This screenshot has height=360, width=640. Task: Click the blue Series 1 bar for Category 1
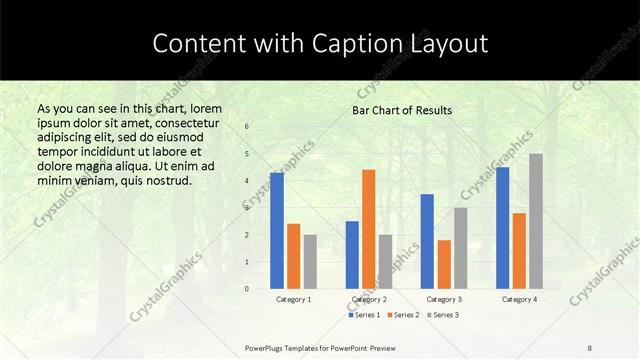tap(277, 230)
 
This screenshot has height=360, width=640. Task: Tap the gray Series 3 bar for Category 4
tap(536, 221)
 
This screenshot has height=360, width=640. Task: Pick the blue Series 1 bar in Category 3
tap(427, 241)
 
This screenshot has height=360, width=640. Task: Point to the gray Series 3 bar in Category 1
tap(310, 261)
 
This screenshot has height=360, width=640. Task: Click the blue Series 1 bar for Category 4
tap(502, 228)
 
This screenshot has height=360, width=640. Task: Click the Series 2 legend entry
tap(402, 315)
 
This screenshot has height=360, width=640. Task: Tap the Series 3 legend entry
tap(441, 315)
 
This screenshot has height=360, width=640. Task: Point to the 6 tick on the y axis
tap(247, 126)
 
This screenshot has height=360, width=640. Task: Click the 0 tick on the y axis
tap(247, 289)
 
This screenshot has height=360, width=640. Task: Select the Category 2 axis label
tap(368, 299)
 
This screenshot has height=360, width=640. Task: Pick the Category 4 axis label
tap(519, 299)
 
